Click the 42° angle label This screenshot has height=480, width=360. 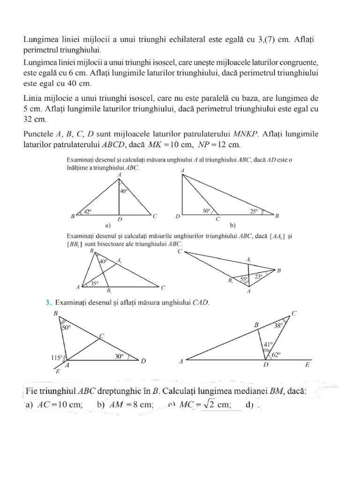88,211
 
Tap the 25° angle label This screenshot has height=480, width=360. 254,211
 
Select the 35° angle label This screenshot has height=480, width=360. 95,283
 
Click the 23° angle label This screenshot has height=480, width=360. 258,277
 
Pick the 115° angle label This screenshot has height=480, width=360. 57,358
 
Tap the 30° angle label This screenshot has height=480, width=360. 119,356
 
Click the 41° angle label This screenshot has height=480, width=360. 267,343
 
